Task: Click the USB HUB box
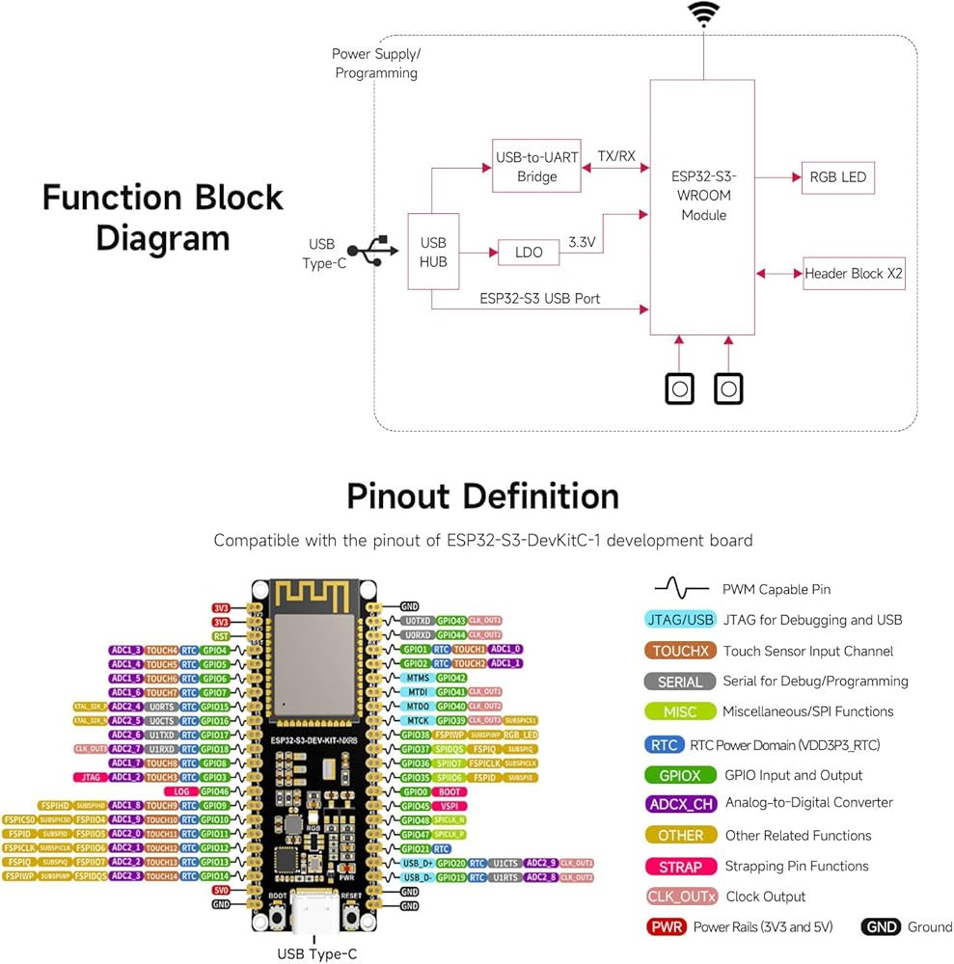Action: coord(433,251)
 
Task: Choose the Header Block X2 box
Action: coord(855,273)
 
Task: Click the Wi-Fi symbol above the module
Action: coord(703,14)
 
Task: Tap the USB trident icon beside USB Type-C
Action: coord(373,251)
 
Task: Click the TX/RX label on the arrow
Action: coord(616,155)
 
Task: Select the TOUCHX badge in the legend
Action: coord(680,651)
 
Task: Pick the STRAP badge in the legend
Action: coord(680,866)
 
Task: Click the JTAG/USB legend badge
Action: coord(680,620)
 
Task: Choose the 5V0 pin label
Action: coord(221,890)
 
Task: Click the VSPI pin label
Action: coord(451,805)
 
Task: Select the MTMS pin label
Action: coord(418,677)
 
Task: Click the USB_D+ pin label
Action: coord(418,863)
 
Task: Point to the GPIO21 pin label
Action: coord(416,848)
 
